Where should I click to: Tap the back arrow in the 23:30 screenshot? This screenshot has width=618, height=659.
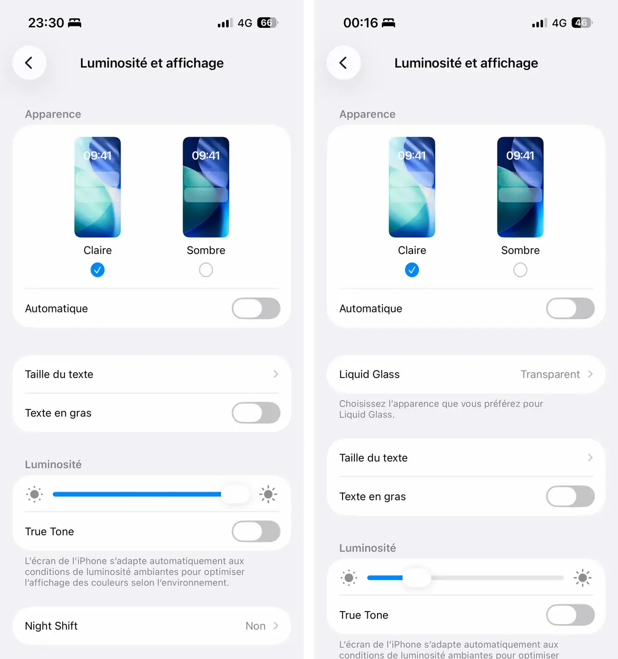[x=29, y=63]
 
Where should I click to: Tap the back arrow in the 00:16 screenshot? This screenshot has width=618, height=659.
[x=344, y=63]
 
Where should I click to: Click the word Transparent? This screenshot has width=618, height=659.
[x=550, y=374]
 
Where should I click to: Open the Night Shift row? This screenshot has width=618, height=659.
[x=151, y=626]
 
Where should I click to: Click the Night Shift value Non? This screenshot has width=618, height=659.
[x=255, y=626]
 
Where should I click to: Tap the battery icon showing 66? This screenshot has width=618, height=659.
[x=267, y=23]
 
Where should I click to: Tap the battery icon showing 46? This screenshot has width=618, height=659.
[x=582, y=23]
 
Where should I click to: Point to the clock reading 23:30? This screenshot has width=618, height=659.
[x=46, y=23]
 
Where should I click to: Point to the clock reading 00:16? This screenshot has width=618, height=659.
[x=360, y=23]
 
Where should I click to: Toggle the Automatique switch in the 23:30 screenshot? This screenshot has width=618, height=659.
[x=256, y=308]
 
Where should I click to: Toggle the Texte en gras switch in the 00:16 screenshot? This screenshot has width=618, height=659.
[x=570, y=497]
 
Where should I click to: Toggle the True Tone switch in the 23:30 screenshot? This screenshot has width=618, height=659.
[x=256, y=532]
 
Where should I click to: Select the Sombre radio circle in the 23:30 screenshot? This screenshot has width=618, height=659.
[x=206, y=270]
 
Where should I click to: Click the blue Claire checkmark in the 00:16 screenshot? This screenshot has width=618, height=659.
[x=412, y=270]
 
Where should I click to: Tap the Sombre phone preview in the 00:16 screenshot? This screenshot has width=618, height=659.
[x=520, y=187]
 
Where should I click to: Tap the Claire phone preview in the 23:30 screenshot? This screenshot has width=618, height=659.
[x=97, y=187]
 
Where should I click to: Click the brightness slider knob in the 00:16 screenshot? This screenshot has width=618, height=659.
[x=417, y=578]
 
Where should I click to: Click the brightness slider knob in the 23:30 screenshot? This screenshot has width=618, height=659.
[x=235, y=494]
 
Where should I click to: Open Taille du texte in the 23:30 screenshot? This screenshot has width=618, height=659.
[x=151, y=374]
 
